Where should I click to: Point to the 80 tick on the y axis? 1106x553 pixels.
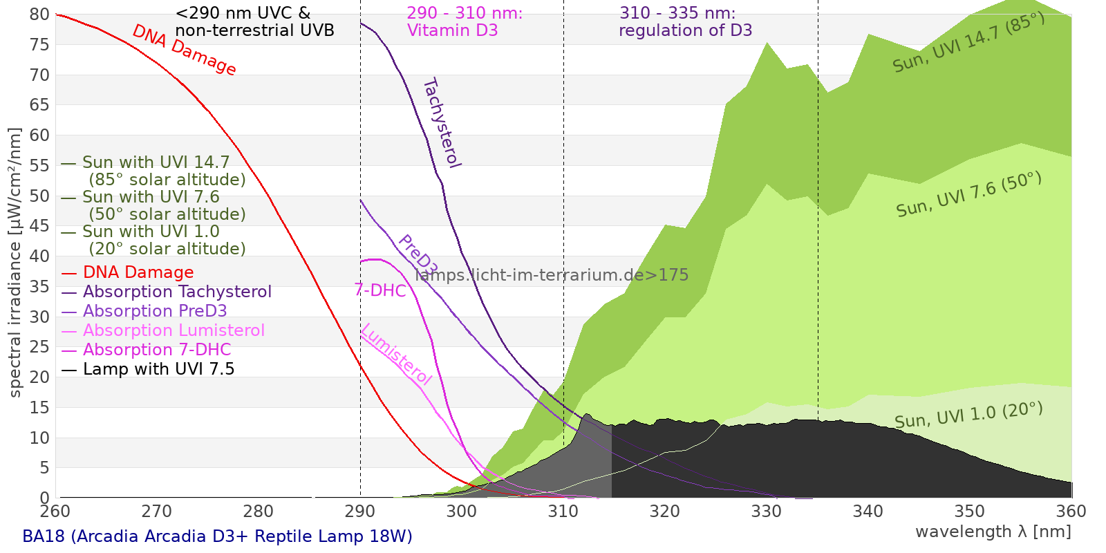click(40, 15)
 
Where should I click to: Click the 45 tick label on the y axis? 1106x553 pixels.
click(40, 226)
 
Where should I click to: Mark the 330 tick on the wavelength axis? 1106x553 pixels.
click(767, 512)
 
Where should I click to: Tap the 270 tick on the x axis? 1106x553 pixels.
click(157, 512)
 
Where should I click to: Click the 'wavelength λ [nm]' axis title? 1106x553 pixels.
click(993, 532)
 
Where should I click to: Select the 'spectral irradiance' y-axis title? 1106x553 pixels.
click(15, 263)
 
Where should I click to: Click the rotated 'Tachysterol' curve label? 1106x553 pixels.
click(442, 123)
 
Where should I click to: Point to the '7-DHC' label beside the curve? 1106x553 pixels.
click(380, 290)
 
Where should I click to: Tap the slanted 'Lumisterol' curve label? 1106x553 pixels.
click(396, 354)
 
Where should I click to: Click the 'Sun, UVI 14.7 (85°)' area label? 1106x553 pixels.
click(968, 43)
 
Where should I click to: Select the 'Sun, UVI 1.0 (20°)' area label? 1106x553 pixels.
click(968, 415)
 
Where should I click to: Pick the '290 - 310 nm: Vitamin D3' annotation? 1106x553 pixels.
click(465, 22)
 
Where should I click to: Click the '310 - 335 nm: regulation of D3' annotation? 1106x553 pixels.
click(685, 22)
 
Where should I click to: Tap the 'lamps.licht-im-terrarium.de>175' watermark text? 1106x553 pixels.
click(552, 275)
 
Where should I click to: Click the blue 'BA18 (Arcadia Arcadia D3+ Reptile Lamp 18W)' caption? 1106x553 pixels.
click(217, 536)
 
